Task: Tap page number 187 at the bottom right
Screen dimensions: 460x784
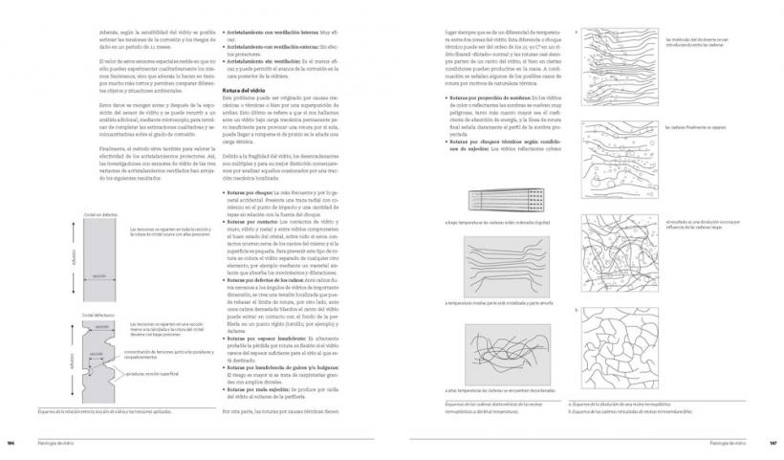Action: (772, 442)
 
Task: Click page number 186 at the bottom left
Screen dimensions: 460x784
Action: (12, 442)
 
